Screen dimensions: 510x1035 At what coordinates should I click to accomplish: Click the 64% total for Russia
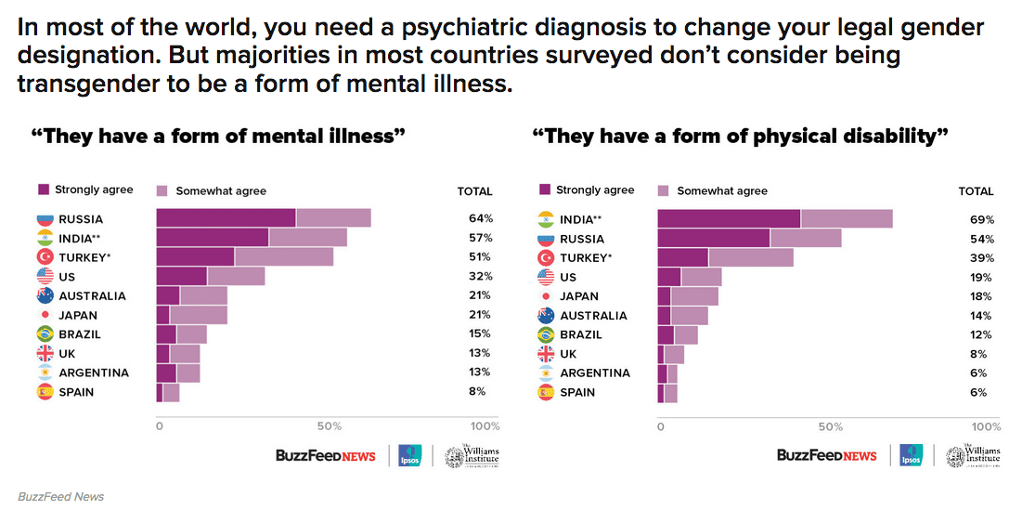480,219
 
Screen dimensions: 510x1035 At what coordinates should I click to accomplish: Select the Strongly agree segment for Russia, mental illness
226,218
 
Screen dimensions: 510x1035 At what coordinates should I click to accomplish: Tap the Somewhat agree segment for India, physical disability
847,219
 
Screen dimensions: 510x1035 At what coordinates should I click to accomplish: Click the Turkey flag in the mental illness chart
45,257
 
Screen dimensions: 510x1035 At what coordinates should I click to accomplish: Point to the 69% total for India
982,220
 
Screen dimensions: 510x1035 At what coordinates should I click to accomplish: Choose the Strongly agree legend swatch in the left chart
44,190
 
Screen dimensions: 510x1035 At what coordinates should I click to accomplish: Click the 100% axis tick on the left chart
485,426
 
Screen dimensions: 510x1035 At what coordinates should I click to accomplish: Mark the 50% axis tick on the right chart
831,426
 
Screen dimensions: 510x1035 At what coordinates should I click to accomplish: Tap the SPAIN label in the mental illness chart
76,392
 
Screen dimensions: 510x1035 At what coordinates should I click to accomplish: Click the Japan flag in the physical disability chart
546,296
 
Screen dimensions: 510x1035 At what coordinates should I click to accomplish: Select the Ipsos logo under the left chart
410,455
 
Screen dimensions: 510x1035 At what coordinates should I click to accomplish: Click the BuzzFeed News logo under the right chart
826,455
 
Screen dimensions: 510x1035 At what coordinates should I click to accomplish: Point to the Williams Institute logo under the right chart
972,455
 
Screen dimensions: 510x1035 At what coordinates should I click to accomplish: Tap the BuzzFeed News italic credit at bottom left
60,496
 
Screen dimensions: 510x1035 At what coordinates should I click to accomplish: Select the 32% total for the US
480,277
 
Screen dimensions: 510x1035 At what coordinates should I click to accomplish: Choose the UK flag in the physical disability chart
546,354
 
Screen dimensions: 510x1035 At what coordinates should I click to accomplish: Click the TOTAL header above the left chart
474,191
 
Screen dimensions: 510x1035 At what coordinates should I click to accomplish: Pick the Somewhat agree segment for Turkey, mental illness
283,257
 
